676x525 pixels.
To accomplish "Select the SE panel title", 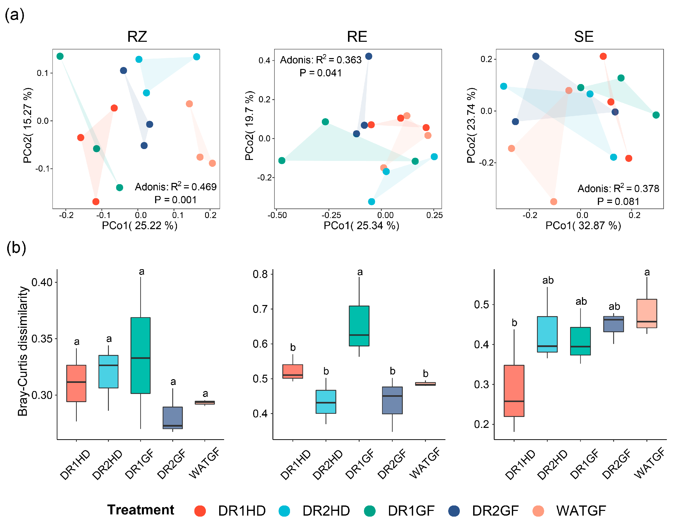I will pyautogui.click(x=583, y=37).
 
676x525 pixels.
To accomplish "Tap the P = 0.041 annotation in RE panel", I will pyautogui.click(x=320, y=73).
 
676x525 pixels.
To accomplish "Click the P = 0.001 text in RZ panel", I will pyautogui.click(x=175, y=200).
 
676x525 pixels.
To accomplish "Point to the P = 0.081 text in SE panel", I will pyautogui.click(x=618, y=201).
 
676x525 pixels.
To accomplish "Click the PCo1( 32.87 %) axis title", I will pyautogui.click(x=583, y=226).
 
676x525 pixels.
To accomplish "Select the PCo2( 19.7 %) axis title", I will pyautogui.click(x=249, y=126).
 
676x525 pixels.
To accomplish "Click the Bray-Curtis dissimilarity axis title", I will pyautogui.click(x=23, y=351).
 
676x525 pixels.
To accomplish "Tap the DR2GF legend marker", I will pyautogui.click(x=454, y=511).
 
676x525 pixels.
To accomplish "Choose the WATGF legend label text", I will pyautogui.click(x=581, y=511).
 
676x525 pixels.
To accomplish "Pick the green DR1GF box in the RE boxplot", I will pyautogui.click(x=359, y=326).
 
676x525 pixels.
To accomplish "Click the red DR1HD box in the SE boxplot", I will pyautogui.click(x=514, y=391).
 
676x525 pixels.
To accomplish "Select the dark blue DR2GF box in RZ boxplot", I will pyautogui.click(x=173, y=417).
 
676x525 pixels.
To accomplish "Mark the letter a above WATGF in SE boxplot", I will pyautogui.click(x=647, y=272).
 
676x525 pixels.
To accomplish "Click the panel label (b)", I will pyautogui.click(x=16, y=248).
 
